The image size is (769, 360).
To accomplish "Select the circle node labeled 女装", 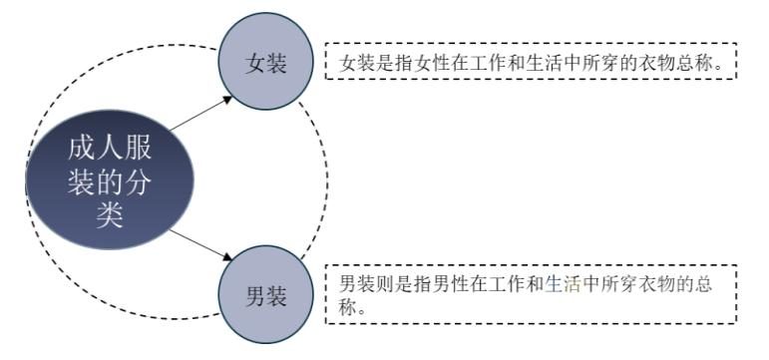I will point(266,64).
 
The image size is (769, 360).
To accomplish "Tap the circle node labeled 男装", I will point(266,296).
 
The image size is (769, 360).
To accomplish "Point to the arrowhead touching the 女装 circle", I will point(229,98).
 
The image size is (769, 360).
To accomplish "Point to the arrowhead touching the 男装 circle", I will point(229,261).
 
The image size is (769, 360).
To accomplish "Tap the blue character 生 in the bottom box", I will point(554,283).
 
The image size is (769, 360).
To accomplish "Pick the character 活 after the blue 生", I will point(572,283).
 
